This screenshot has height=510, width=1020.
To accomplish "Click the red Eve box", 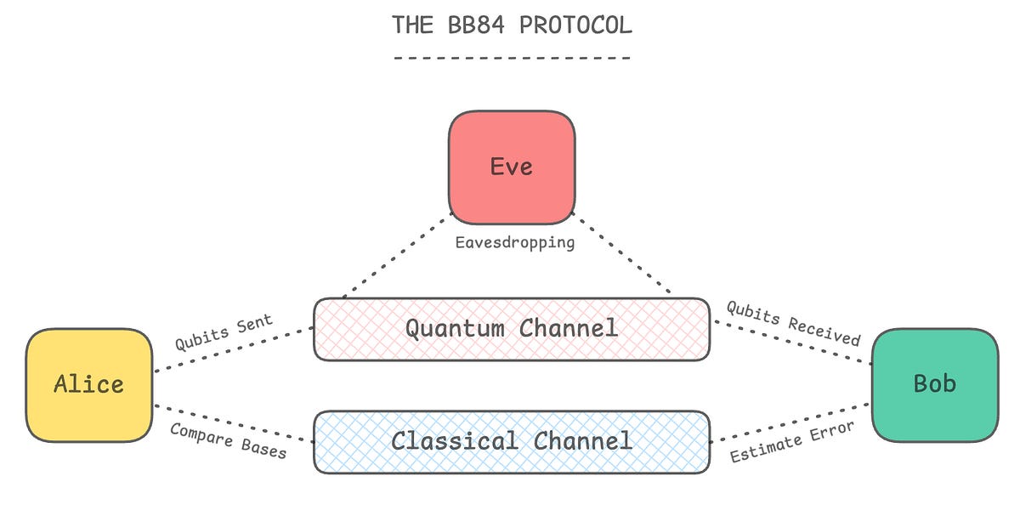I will point(512,167).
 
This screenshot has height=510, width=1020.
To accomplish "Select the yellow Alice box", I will point(89,384).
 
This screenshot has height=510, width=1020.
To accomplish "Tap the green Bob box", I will point(934,384).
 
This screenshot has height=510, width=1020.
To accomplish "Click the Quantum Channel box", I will point(512,329).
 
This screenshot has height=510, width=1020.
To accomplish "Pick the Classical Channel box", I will point(512,441).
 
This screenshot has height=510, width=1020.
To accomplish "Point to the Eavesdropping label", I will point(514,243).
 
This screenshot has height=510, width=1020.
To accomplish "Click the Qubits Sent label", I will point(224,332).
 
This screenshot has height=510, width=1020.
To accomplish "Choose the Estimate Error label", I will point(791,442).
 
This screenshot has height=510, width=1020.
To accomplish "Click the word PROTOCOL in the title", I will point(575,25).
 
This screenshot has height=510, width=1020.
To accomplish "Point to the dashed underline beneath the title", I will point(512,59).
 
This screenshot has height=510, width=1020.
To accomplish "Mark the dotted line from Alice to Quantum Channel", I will point(234,350).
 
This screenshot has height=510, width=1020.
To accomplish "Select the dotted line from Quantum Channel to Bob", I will point(790,342).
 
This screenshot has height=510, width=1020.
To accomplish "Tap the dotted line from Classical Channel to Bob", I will point(790,422).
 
